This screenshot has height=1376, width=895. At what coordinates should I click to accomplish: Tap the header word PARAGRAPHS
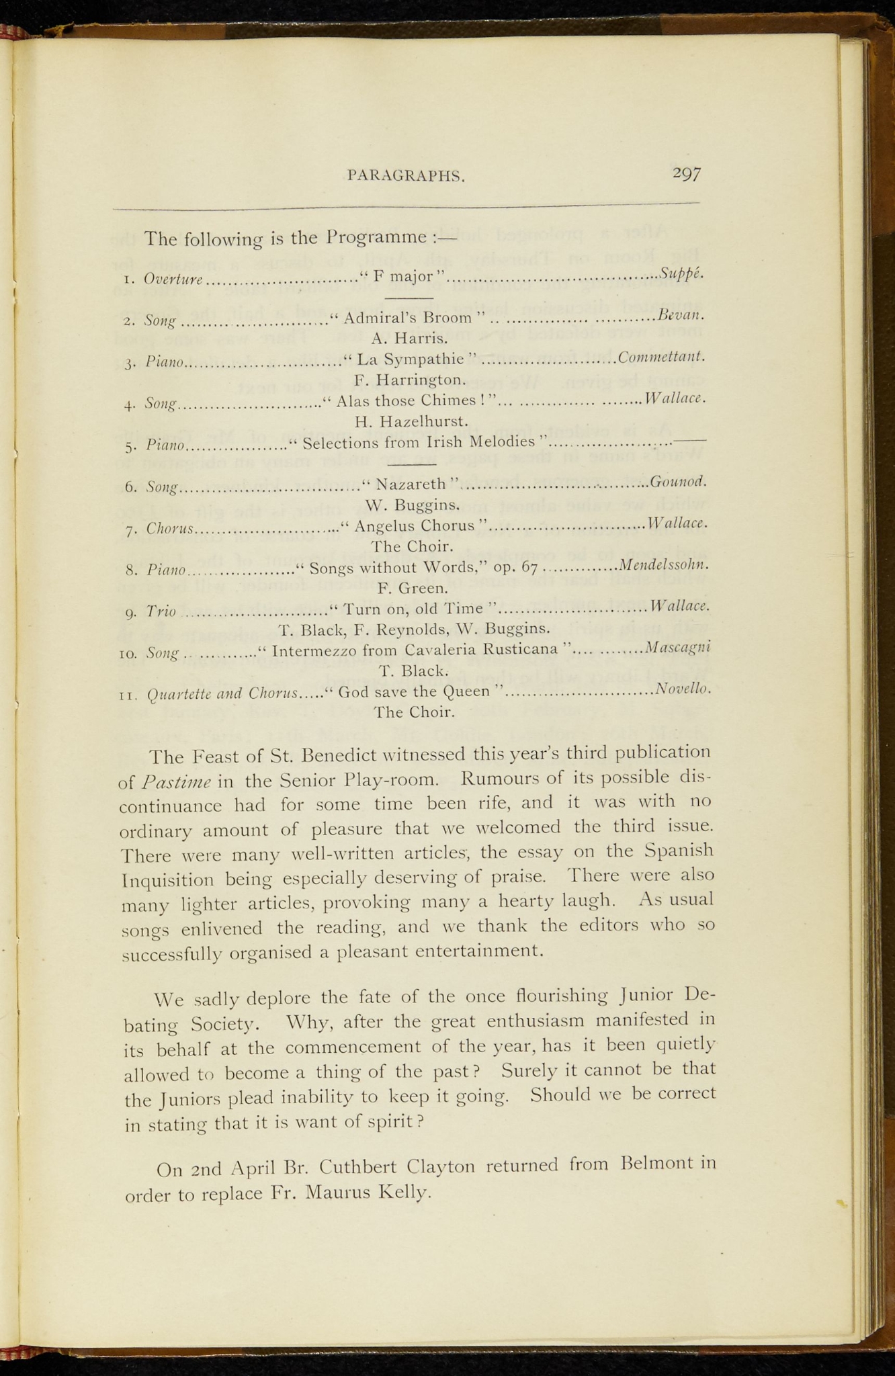point(407,176)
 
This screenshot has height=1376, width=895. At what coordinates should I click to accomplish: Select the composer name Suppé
point(681,273)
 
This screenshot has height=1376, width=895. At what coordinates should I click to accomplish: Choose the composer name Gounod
point(678,481)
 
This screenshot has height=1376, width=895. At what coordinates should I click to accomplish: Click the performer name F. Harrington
point(410,380)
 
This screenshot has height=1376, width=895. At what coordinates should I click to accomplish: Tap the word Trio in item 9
point(161,611)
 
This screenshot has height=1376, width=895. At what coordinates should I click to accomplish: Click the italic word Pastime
point(177,782)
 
